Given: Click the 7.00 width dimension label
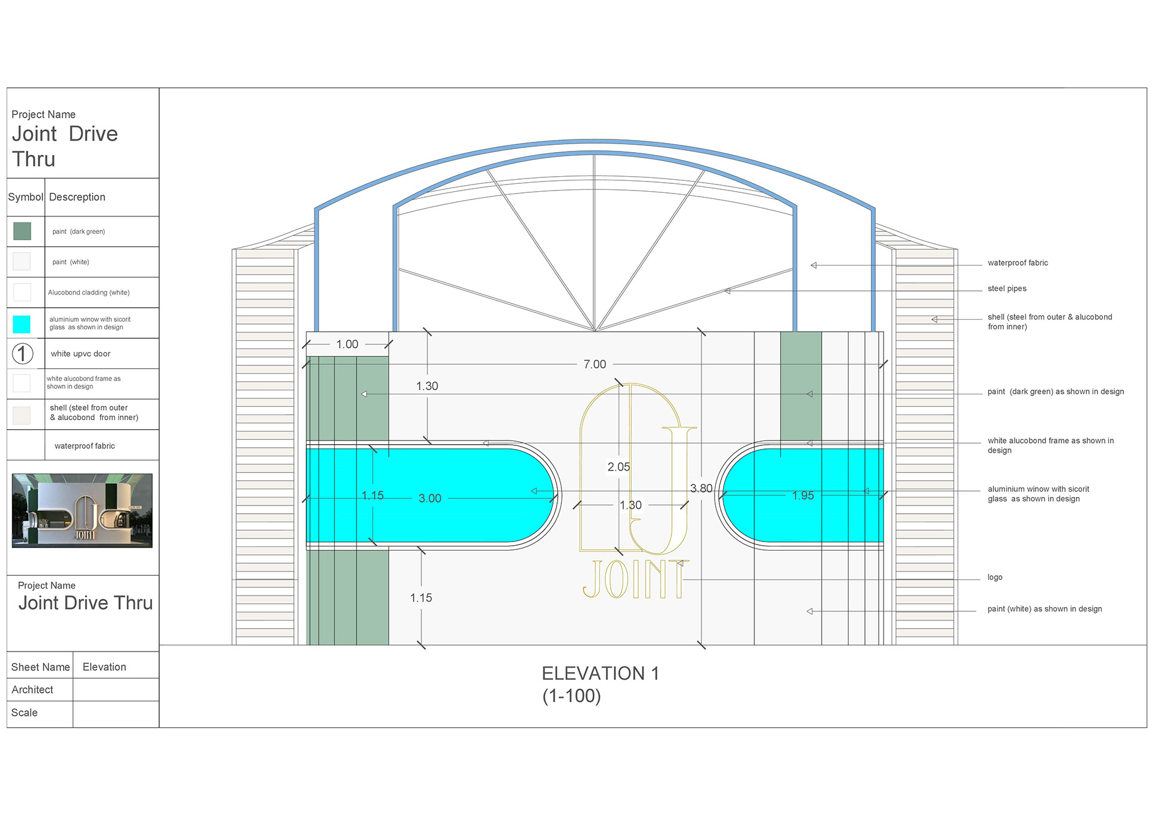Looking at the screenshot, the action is [x=594, y=364].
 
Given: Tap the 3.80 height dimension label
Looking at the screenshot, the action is [x=701, y=489].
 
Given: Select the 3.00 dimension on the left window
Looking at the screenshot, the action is [x=430, y=498].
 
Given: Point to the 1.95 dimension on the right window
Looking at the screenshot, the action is [x=803, y=495].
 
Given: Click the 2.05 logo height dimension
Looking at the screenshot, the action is [x=618, y=467].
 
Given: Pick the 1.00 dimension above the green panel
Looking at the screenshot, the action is [x=347, y=344].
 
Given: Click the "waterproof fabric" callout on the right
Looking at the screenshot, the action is [x=1018, y=263].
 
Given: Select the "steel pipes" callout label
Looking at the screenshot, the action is [x=1007, y=288].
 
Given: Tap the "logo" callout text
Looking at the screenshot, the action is [x=995, y=577].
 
